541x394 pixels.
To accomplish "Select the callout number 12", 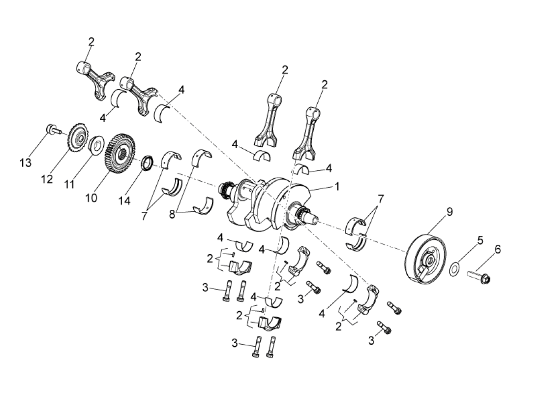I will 47,179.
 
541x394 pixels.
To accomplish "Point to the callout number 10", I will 91,197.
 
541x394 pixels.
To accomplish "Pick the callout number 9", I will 450,212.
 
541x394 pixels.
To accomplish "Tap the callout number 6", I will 498,250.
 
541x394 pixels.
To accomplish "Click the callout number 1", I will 337,187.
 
